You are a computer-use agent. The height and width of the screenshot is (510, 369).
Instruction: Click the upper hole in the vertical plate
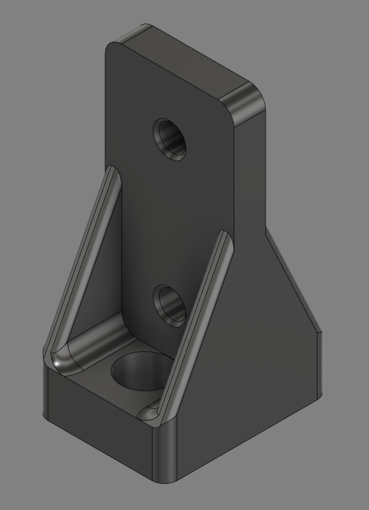[x=170, y=138]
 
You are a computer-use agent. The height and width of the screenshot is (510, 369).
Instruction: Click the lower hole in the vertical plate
[x=170, y=305]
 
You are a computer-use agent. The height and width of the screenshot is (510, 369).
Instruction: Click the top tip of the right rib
[x=225, y=236]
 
